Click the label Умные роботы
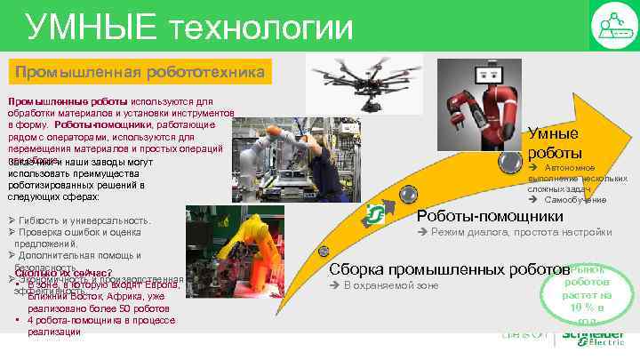tap(554, 143)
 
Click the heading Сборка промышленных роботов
tap(447, 268)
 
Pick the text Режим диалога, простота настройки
tap(520, 233)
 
